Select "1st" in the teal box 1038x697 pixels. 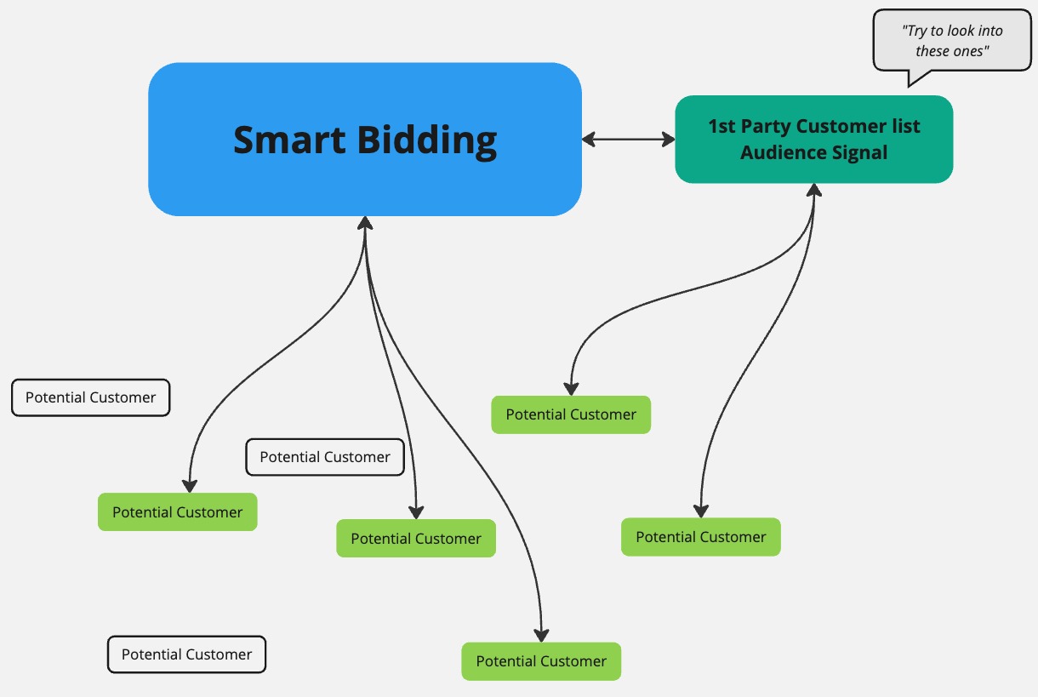pyautogui.click(x=722, y=127)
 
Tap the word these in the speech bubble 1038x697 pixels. pyautogui.click(x=932, y=51)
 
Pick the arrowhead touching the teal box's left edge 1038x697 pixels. pyautogui.click(x=669, y=139)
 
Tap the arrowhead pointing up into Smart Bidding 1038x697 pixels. pyautogui.click(x=365, y=222)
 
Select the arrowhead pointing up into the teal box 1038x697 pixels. pyautogui.click(x=814, y=189)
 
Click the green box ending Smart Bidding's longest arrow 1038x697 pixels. pyautogui.click(x=541, y=661)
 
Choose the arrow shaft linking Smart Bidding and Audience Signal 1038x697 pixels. pyautogui.click(x=629, y=139)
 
